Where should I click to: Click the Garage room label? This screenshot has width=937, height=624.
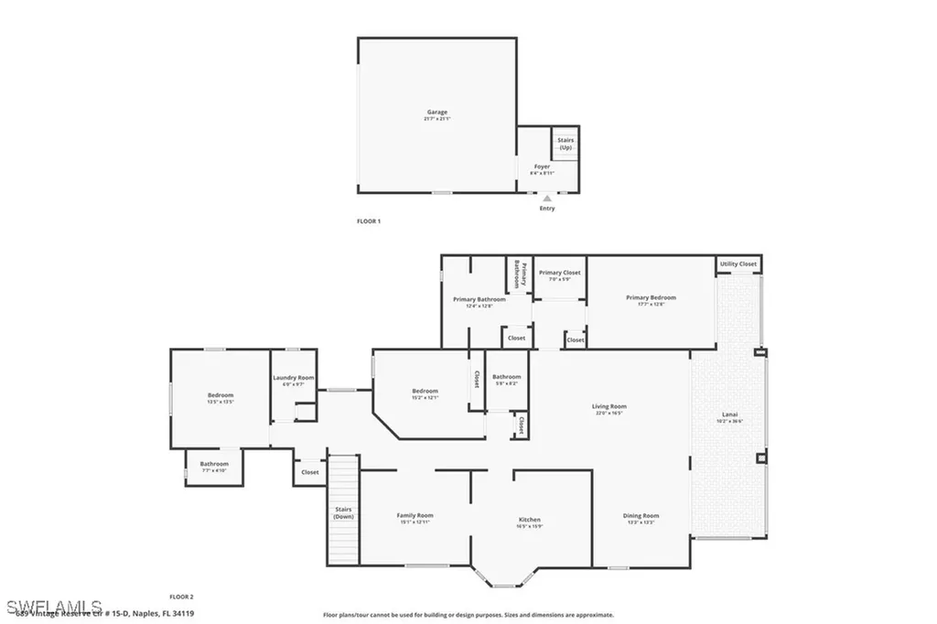(x=436, y=113)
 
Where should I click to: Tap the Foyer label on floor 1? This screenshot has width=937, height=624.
(x=542, y=167)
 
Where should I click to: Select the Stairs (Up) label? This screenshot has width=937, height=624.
(x=565, y=143)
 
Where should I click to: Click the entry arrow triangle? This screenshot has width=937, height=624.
(x=547, y=198)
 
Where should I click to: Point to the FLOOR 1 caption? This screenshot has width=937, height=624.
(x=368, y=221)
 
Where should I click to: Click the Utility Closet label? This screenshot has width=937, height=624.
(x=738, y=264)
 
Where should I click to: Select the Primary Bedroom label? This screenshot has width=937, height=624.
(x=651, y=297)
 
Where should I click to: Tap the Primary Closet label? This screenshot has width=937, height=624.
(x=559, y=273)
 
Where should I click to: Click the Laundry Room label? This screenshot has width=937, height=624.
(x=294, y=378)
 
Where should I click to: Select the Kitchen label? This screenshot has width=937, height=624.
(x=530, y=520)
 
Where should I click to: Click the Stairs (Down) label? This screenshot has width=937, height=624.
(x=343, y=513)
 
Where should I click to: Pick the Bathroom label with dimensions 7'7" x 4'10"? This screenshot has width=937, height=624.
(x=214, y=464)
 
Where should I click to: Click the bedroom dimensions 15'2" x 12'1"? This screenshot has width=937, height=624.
(x=425, y=398)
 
